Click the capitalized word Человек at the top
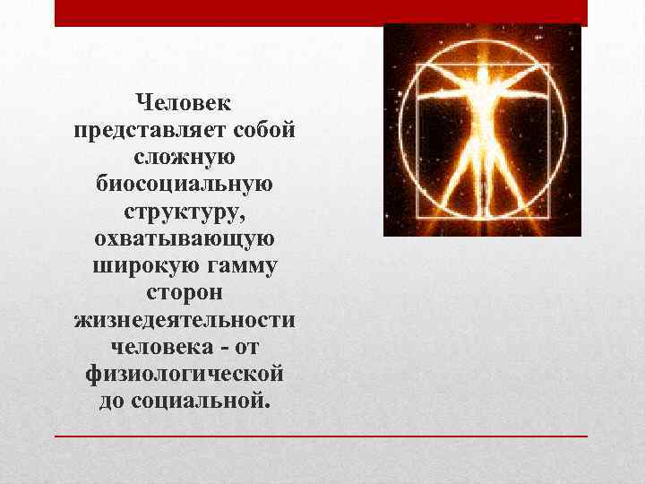click(x=185, y=107)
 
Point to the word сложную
click(x=185, y=160)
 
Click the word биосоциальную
click(x=185, y=186)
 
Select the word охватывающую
click(x=185, y=239)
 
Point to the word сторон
click(x=185, y=292)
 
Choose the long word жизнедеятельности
click(x=185, y=318)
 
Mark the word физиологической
click(x=185, y=371)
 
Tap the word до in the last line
click(x=113, y=398)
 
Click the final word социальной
click(x=199, y=398)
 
